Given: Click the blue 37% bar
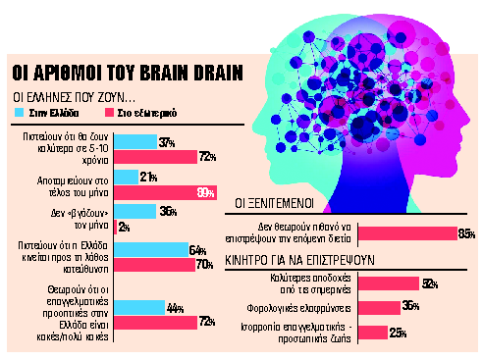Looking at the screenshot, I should point(134,142).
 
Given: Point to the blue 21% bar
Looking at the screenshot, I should point(125,177).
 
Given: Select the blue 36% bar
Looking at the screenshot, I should point(134,210).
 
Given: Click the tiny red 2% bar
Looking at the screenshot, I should point(115,227).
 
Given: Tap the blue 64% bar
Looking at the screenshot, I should point(151,248).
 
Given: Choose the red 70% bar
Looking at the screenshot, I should point(154,263).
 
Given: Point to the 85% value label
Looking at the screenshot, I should point(466,233).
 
